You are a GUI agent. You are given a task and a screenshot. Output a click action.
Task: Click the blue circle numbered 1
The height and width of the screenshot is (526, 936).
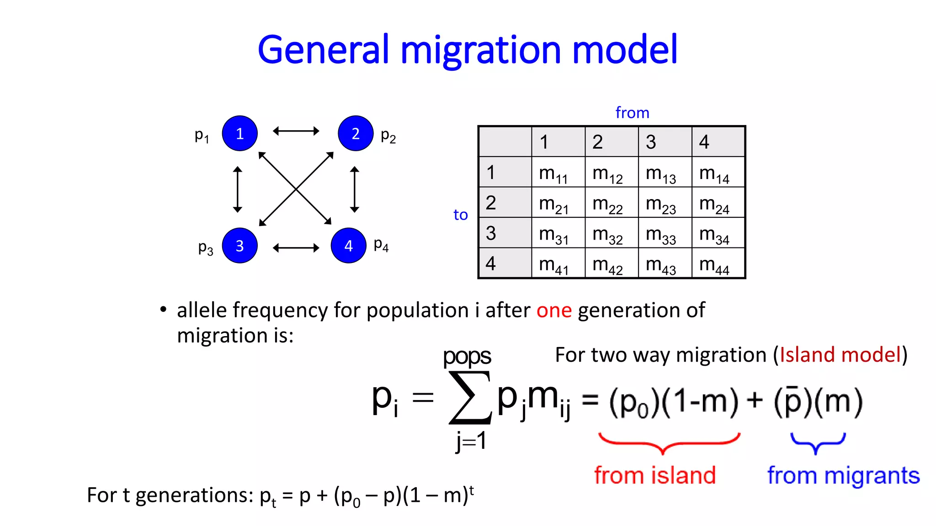coord(239,133)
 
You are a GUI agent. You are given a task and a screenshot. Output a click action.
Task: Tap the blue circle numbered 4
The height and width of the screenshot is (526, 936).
coord(348,246)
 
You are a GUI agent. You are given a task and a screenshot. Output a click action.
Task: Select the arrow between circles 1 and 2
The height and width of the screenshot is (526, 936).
coord(296,131)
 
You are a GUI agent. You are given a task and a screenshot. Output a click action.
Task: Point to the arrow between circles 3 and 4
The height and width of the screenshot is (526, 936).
coord(296,248)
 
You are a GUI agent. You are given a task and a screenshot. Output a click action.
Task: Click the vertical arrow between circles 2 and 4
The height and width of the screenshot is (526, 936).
coord(354,189)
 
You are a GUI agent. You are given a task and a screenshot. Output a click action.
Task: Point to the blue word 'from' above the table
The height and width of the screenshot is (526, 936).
coord(632,113)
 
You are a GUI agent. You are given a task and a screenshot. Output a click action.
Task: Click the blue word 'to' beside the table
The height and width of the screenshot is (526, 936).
coord(460,215)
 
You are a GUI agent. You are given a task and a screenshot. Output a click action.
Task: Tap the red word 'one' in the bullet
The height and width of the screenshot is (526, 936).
coord(554,310)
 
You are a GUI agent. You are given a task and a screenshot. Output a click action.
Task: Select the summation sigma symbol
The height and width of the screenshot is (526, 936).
coord(470,397)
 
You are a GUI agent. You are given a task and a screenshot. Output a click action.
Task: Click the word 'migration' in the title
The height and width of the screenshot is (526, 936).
coord(480,50)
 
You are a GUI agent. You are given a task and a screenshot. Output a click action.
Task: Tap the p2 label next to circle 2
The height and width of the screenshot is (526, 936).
coord(388,136)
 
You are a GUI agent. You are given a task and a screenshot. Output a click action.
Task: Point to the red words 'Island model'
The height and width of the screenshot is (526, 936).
coord(840,355)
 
